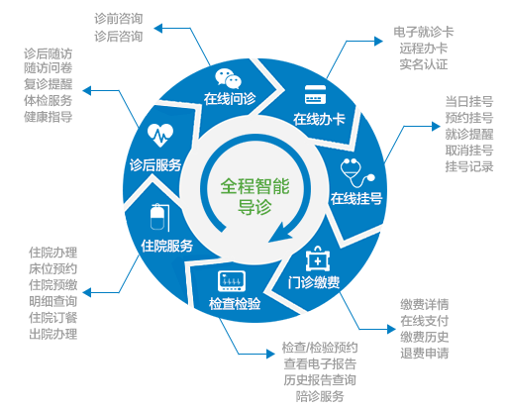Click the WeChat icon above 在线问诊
point(228,78)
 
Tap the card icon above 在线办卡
point(315,95)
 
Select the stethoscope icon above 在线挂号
point(357,172)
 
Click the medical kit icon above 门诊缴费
point(318,258)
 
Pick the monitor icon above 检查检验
point(232,281)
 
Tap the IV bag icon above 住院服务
point(159,217)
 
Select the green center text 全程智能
point(254,186)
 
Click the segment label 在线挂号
point(356,199)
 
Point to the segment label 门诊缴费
point(314,282)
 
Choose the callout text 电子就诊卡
point(424,32)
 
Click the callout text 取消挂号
point(469,151)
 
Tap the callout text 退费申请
point(425,354)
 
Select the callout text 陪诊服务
point(320,396)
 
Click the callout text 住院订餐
point(52,318)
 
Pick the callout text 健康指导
point(48,117)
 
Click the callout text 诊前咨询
point(119,19)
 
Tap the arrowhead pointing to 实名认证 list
point(378,42)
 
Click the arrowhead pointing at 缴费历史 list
point(391,329)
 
